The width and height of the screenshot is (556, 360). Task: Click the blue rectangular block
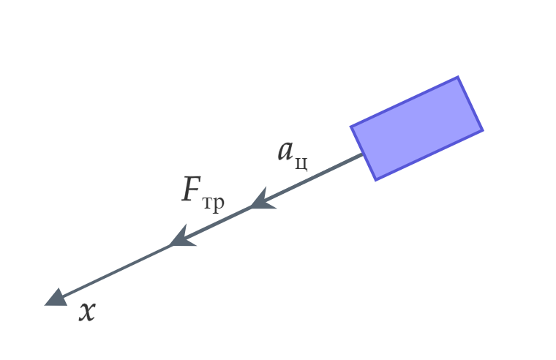pyautogui.click(x=417, y=128)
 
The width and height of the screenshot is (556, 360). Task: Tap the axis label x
pyautogui.click(x=87, y=312)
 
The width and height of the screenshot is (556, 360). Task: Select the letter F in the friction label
pyautogui.click(x=192, y=189)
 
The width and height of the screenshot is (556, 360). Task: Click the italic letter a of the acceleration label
pyautogui.click(x=285, y=151)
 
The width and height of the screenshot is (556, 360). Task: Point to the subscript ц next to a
pyautogui.click(x=301, y=162)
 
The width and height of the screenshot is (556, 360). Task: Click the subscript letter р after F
pyautogui.click(x=219, y=204)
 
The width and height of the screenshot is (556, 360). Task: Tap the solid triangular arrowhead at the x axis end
pyautogui.click(x=57, y=298)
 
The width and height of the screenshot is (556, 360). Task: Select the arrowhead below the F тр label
pyautogui.click(x=183, y=237)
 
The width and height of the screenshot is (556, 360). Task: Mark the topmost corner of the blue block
pyautogui.click(x=458, y=76)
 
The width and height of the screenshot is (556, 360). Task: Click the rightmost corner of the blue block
pyautogui.click(x=484, y=130)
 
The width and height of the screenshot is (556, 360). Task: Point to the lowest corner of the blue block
pyautogui.click(x=375, y=181)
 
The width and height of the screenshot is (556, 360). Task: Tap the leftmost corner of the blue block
pyautogui.click(x=350, y=127)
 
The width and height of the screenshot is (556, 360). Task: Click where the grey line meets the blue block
pyautogui.click(x=363, y=154)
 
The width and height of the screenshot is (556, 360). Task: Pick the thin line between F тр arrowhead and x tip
pyautogui.click(x=116, y=270)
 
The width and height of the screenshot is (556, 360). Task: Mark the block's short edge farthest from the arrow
pyautogui.click(x=470, y=103)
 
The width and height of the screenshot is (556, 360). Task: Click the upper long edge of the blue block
pyautogui.click(x=405, y=101)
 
